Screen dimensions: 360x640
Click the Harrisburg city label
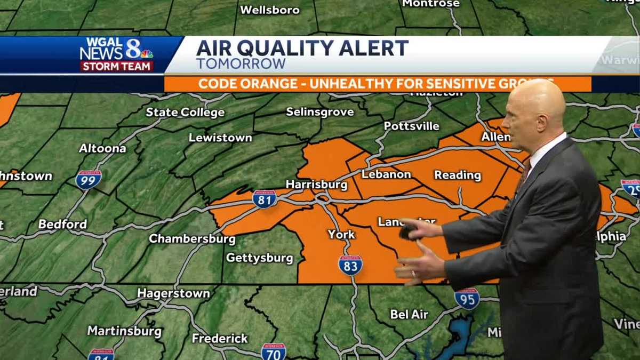pyautogui.click(x=316, y=185)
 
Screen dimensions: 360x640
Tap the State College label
pyautogui.click(x=185, y=113)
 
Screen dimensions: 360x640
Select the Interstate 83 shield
pyautogui.click(x=350, y=265)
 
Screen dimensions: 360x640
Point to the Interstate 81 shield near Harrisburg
pyautogui.click(x=265, y=199)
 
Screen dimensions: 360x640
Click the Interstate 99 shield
pyautogui.click(x=89, y=180)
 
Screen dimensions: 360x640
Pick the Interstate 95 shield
pyautogui.click(x=467, y=299)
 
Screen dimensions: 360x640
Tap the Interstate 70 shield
pyautogui.click(x=274, y=351)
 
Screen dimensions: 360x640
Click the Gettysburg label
pyautogui.click(x=259, y=258)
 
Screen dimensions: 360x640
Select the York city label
pyautogui.click(x=341, y=234)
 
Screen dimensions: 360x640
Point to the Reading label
pyautogui.click(x=458, y=175)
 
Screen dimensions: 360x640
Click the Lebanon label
pyautogui.click(x=386, y=174)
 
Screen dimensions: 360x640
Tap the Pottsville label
pyautogui.click(x=412, y=126)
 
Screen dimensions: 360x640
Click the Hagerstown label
pyautogui.click(x=173, y=293)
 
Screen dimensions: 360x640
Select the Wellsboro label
pyautogui.click(x=269, y=10)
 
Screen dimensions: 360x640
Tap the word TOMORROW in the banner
pyautogui.click(x=241, y=63)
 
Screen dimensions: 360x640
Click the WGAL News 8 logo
pyautogui.click(x=117, y=54)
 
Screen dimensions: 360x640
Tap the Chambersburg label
pyautogui.click(x=192, y=238)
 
